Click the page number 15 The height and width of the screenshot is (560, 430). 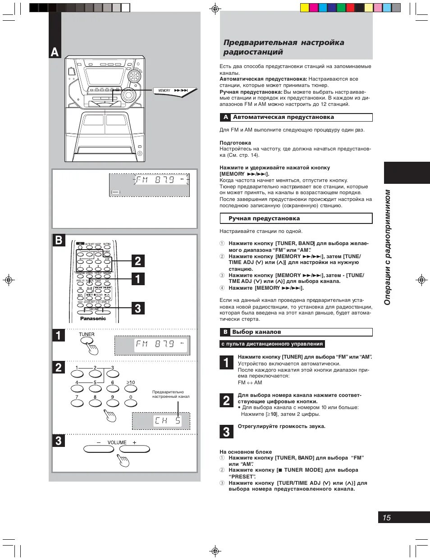(x=386, y=518)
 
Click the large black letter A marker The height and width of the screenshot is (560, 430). (x=55, y=52)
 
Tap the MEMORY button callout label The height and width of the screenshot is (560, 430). (x=165, y=91)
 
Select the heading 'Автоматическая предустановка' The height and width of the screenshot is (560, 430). (x=283, y=117)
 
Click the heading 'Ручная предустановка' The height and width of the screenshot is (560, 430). (x=264, y=219)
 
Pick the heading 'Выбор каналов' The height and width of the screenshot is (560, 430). (x=256, y=332)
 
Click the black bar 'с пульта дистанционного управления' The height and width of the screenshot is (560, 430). (x=272, y=344)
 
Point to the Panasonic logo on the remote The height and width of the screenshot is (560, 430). (x=93, y=319)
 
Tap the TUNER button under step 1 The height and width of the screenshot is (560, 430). (x=86, y=340)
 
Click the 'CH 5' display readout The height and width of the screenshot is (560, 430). (x=167, y=421)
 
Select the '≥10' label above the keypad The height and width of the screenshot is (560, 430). (x=130, y=382)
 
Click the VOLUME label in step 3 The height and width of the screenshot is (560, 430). (x=117, y=442)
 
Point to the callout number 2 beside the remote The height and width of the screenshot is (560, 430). (x=138, y=261)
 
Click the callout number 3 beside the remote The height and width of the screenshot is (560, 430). (x=138, y=309)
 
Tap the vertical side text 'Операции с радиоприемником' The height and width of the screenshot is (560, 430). (x=387, y=247)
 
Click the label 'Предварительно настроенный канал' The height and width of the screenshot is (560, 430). (x=170, y=394)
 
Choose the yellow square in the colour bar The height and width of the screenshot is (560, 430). (x=305, y=7)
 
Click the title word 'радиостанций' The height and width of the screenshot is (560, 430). (x=253, y=52)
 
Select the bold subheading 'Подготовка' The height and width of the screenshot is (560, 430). (x=235, y=143)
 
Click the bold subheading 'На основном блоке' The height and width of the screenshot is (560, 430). (x=246, y=452)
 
